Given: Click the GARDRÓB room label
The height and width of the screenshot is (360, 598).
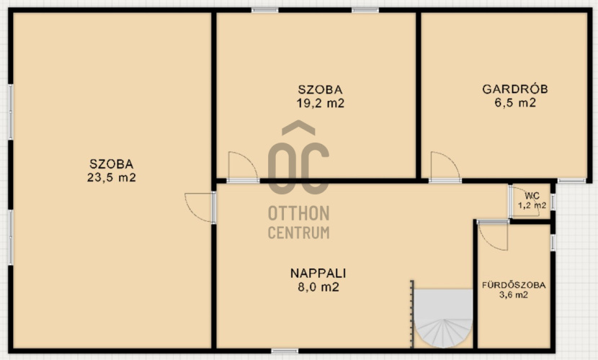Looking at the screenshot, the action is click(x=515, y=89).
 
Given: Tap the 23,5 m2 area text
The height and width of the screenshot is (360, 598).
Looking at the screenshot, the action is click(x=112, y=178).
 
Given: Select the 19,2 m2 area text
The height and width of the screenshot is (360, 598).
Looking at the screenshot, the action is click(x=321, y=103).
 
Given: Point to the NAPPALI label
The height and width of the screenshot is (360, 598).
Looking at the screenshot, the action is click(x=318, y=273).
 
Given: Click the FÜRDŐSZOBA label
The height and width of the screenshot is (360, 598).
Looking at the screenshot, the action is click(x=514, y=285).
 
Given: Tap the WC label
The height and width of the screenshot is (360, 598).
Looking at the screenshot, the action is click(x=532, y=196).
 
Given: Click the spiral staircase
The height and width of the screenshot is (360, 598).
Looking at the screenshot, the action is click(x=444, y=318).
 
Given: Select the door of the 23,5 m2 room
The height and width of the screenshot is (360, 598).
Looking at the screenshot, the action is click(x=198, y=207).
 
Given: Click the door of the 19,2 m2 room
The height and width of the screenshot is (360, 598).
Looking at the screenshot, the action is click(x=244, y=166).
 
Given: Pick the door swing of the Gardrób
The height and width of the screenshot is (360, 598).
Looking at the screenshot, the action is click(x=445, y=166).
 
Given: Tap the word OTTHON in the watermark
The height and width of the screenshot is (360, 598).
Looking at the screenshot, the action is click(x=298, y=213).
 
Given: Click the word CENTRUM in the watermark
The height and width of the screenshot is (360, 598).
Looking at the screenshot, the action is click(x=298, y=233).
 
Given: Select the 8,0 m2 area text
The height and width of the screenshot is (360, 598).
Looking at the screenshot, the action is click(x=318, y=287).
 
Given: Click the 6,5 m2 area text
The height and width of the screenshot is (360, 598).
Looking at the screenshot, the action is click(x=515, y=103).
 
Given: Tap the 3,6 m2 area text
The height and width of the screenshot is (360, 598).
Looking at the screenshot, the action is click(x=514, y=294).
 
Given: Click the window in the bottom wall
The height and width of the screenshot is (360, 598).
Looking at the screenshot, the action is click(x=285, y=351).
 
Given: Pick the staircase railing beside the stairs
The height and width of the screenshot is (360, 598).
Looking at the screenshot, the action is click(x=412, y=315).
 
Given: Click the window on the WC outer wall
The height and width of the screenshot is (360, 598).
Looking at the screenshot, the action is click(x=553, y=202).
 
